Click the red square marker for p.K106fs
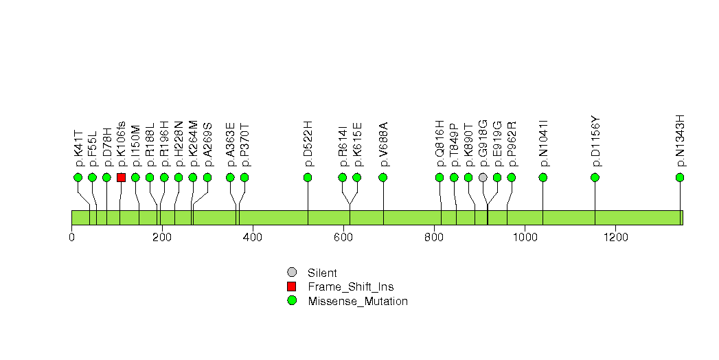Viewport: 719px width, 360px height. [x=121, y=177]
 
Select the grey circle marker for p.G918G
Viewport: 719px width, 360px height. [x=483, y=177]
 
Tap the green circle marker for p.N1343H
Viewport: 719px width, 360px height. [x=680, y=177]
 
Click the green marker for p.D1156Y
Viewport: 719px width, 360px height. [x=595, y=177]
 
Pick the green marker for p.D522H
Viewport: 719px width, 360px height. [x=308, y=177]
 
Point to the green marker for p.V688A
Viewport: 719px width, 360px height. [x=383, y=177]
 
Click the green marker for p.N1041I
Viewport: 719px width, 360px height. [x=543, y=177]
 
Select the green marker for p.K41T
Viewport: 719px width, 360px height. [x=78, y=177]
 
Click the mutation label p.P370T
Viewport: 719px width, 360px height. [x=244, y=145]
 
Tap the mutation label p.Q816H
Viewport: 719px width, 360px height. [x=440, y=144]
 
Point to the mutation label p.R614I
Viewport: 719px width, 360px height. [x=343, y=146]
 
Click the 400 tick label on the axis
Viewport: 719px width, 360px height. [x=253, y=238]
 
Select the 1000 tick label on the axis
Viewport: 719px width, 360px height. [x=525, y=238]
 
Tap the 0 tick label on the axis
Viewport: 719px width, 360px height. [x=71, y=238]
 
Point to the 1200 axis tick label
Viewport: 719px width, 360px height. [x=615, y=238]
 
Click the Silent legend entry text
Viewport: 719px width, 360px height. [x=322, y=273]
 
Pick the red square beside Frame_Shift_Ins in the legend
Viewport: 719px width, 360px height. [x=292, y=286]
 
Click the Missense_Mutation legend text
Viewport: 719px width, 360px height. [x=358, y=301]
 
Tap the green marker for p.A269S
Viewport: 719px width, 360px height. [x=207, y=177]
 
